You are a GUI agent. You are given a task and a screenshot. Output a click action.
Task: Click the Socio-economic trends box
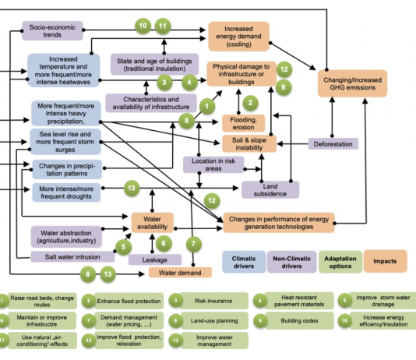pyautogui.click(x=52, y=30)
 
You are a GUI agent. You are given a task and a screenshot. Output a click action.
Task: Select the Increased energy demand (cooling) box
pyautogui.click(x=239, y=37)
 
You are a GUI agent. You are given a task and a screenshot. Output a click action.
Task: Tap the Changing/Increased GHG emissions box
pyautogui.click(x=352, y=83)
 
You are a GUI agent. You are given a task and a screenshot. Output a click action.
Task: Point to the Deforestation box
pyautogui.click(x=333, y=144)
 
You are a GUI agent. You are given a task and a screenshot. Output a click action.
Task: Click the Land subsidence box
pyautogui.click(x=270, y=189)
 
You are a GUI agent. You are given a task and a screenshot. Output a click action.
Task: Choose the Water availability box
pyautogui.click(x=152, y=223)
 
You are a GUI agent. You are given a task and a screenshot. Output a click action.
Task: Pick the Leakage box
pyautogui.click(x=155, y=259)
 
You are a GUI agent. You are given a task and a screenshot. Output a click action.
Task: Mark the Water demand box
pyautogui.click(x=180, y=273)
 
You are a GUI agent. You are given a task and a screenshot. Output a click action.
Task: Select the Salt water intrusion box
pyautogui.click(x=72, y=257)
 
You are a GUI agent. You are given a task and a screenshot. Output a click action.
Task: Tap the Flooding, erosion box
pyautogui.click(x=244, y=123)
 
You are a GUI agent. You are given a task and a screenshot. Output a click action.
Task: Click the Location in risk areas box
pyautogui.click(x=213, y=164)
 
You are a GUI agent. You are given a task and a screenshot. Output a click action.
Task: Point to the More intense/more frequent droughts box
pyautogui.click(x=66, y=192)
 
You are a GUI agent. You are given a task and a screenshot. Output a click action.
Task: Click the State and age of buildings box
pyautogui.click(x=154, y=65)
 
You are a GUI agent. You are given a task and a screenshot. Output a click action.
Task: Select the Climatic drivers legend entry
pyautogui.click(x=244, y=262)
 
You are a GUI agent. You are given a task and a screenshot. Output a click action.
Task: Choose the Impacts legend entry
pyautogui.click(x=385, y=261)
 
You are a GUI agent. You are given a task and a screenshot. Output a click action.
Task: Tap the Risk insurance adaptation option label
pyautogui.click(x=213, y=301)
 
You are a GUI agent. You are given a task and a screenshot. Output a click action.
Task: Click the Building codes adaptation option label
pyautogui.click(x=299, y=321)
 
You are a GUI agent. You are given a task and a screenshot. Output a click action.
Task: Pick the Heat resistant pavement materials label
pyautogui.click(x=299, y=301)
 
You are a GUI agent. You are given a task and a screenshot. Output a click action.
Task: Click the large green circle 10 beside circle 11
pyautogui.click(x=143, y=26)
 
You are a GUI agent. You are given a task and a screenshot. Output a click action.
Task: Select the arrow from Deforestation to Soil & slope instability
pyautogui.click(x=293, y=144)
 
